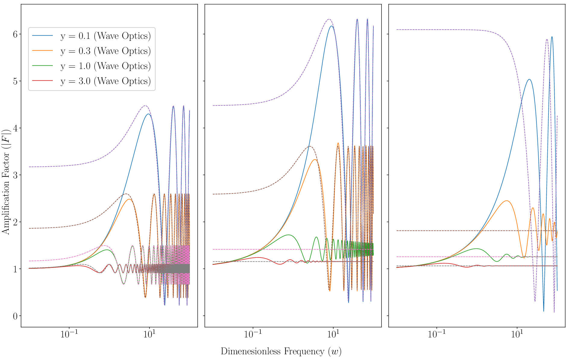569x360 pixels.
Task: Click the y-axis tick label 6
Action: tap(15, 34)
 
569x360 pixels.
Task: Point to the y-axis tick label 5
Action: tap(15, 81)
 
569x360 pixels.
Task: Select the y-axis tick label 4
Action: tap(15, 128)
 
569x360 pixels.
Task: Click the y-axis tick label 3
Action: tap(15, 175)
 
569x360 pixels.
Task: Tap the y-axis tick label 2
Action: tap(15, 222)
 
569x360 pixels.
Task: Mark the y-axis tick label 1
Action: tap(15, 269)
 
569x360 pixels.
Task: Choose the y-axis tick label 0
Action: tap(15, 316)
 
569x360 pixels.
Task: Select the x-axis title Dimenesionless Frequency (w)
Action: tap(281, 352)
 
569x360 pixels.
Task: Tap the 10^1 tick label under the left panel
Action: tap(149, 335)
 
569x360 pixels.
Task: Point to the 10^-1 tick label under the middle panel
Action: tap(253, 335)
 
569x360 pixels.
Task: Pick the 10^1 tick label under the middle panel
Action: tap(333, 335)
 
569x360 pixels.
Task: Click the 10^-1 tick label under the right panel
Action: tap(437, 335)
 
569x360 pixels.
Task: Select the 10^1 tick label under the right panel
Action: tap(517, 335)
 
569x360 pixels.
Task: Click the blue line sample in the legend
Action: tap(42, 36)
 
